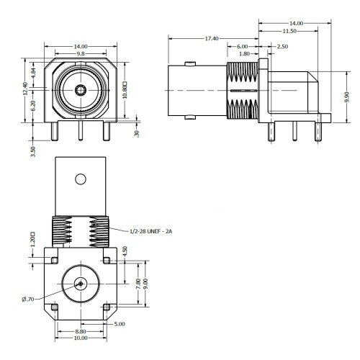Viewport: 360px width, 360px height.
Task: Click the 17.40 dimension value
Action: click(x=212, y=38)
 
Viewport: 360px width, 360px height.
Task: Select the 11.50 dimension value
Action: click(x=289, y=31)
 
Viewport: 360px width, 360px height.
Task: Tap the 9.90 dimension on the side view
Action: click(x=347, y=97)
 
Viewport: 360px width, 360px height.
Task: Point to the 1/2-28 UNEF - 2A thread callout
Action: click(x=151, y=231)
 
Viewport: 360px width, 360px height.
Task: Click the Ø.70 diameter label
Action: click(x=28, y=300)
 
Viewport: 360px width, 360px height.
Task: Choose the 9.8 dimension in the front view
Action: click(x=81, y=54)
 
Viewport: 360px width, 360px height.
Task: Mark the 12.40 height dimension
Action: click(x=25, y=89)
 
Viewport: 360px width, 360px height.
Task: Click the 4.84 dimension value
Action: click(x=33, y=73)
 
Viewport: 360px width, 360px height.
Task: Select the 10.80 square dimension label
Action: click(x=125, y=90)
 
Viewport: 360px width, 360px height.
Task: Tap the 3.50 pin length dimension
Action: click(x=33, y=152)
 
